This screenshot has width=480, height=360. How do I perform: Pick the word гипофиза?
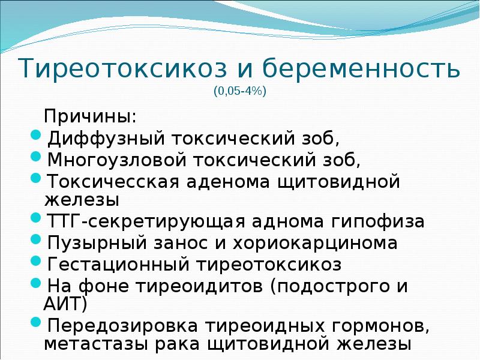click(380, 221)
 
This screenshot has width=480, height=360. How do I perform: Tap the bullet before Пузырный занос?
click(35, 239)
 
